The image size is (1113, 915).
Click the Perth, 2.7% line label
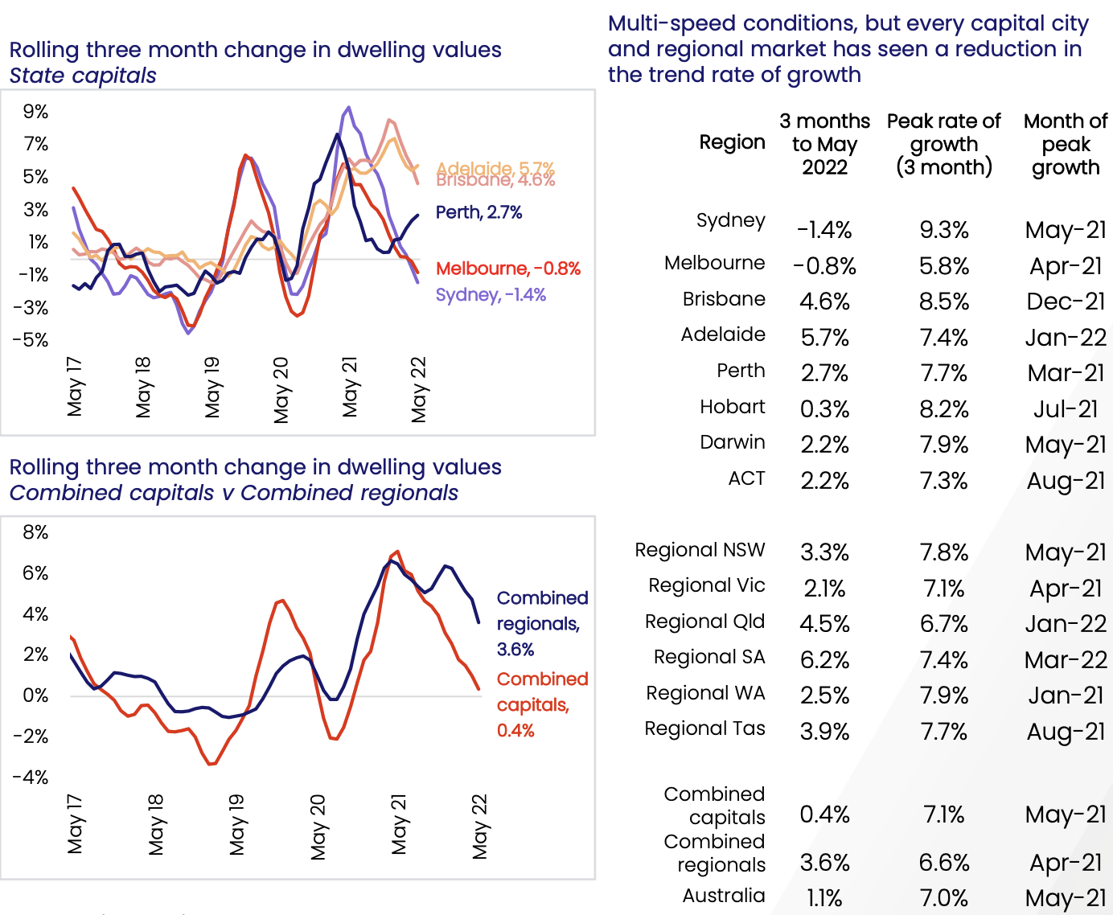(x=478, y=212)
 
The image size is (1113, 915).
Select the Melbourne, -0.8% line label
(x=507, y=269)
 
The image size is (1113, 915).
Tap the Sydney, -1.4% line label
(x=491, y=295)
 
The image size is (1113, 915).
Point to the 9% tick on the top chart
(x=35, y=112)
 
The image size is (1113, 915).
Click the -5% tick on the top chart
(x=31, y=340)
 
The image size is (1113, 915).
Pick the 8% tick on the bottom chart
(x=35, y=532)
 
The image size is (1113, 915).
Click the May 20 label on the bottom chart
(x=318, y=827)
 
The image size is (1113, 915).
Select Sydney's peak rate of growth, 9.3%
(x=944, y=230)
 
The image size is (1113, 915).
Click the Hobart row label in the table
(x=732, y=407)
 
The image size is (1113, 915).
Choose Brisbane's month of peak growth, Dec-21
(x=1066, y=302)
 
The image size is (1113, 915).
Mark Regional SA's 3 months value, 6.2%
(x=824, y=660)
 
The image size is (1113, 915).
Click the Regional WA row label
(x=705, y=693)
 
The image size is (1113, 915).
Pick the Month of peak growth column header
(x=1066, y=145)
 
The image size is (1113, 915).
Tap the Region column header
(x=732, y=142)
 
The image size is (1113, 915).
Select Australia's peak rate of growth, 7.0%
(x=944, y=898)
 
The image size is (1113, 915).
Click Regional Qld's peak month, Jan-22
(x=1066, y=624)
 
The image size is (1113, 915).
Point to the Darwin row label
(x=732, y=442)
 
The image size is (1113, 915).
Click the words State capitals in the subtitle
(x=83, y=76)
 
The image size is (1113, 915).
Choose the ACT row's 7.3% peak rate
(x=944, y=481)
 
